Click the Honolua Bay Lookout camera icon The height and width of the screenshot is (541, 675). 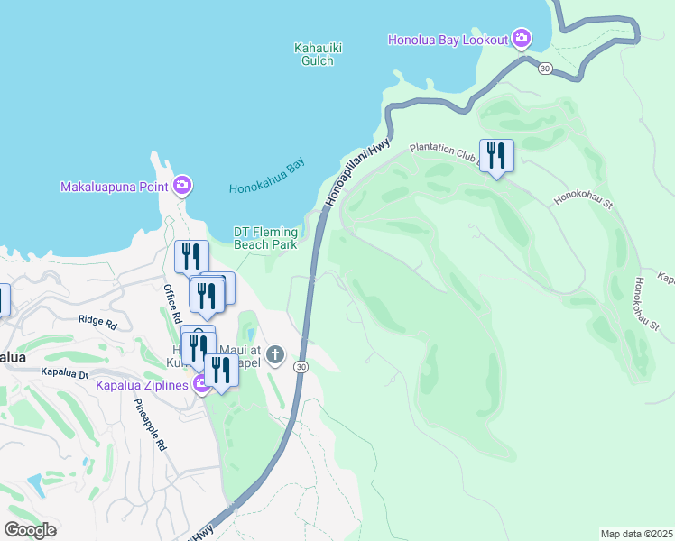click(521, 39)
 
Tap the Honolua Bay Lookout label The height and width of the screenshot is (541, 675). click(448, 40)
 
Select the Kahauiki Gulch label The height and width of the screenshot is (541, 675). click(314, 54)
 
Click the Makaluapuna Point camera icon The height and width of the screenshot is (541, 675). click(182, 187)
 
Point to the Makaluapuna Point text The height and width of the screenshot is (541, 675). click(115, 188)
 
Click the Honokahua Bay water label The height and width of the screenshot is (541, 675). click(267, 177)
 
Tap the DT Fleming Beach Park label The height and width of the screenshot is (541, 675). click(265, 238)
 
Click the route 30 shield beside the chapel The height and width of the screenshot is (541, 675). click(301, 366)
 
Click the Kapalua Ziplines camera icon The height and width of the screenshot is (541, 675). click(200, 386)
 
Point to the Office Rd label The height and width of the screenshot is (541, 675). click(171, 304)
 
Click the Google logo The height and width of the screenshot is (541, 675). click(30, 530)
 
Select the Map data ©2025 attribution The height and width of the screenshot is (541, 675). click(636, 534)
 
